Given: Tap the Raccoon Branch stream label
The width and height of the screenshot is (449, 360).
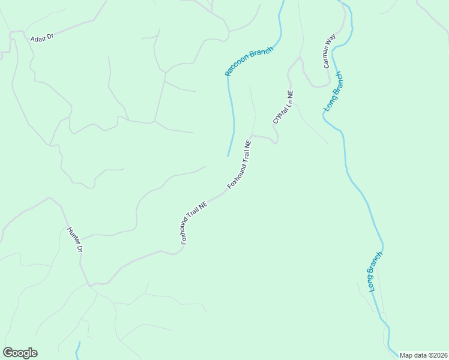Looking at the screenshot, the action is coord(249,61).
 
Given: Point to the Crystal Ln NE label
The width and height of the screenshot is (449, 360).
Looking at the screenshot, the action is coord(283,107).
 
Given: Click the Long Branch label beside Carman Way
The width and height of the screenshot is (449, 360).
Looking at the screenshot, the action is coord(334,91).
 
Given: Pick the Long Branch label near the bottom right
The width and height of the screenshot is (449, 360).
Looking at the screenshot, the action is coord(376,272).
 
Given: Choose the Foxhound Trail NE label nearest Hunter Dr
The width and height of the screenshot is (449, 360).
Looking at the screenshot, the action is coord(194,222).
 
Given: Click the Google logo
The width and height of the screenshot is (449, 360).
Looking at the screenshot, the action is coord(20,353).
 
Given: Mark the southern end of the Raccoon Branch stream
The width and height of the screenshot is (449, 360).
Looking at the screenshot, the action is coord(228,156).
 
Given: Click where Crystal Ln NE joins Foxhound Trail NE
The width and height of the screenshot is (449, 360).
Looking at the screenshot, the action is coord(252,136).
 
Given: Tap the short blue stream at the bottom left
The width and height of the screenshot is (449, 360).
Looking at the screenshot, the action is coord(78,350).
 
